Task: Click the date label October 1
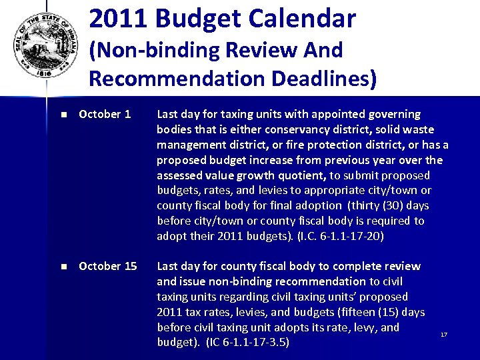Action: click(105, 114)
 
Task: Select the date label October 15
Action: click(107, 266)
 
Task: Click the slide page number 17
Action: click(444, 334)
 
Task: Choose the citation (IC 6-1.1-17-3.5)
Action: click(247, 343)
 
